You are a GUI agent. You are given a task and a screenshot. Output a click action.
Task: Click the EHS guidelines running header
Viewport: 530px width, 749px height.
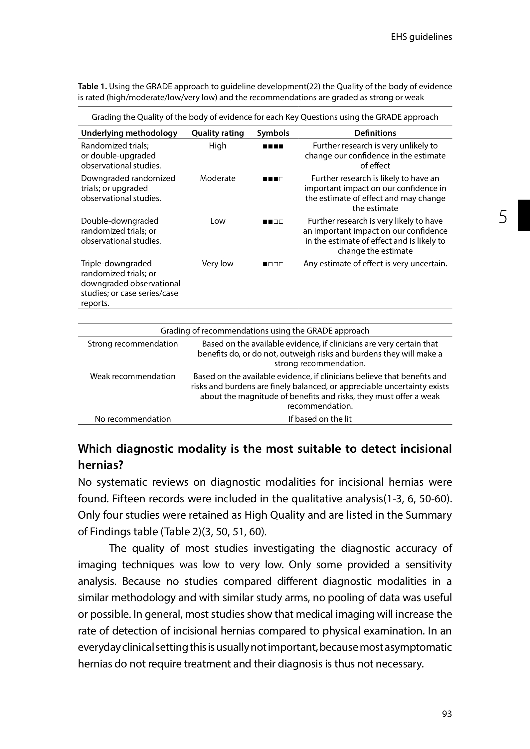coord(421,37)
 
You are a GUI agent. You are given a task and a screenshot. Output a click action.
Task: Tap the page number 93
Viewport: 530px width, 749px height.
coord(447,714)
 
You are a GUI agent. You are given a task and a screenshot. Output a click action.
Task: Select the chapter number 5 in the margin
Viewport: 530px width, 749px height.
coord(503,217)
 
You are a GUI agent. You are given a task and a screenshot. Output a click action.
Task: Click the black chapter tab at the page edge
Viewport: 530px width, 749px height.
coord(523,215)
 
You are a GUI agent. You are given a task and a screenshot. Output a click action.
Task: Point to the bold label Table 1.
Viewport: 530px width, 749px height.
coord(92,87)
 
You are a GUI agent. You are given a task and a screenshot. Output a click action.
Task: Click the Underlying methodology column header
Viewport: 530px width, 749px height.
coord(129,133)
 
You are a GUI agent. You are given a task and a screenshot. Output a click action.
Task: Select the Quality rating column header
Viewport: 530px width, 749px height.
coord(218,133)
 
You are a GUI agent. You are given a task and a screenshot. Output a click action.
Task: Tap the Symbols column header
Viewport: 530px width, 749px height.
coord(273,133)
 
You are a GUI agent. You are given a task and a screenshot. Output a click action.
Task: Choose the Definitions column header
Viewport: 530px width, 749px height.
coord(375,133)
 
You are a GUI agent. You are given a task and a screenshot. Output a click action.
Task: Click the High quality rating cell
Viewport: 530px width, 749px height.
coord(218,146)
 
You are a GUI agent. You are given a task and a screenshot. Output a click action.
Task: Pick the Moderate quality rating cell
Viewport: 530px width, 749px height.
coord(218,178)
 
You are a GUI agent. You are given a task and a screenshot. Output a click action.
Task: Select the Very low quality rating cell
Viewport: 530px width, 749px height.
coord(218,264)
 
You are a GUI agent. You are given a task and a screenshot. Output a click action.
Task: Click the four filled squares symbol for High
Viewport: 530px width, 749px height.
coord(273,146)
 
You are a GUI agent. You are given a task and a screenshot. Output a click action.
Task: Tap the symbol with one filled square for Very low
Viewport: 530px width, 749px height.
coord(273,264)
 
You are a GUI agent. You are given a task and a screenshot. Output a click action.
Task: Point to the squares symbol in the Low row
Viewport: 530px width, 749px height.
coord(273,222)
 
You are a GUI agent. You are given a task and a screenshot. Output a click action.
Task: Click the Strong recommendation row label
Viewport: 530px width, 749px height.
coord(133,344)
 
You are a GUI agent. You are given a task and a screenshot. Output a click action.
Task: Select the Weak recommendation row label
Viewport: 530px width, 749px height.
coord(133,376)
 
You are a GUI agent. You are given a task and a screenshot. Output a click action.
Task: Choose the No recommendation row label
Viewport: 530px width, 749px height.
coord(133,419)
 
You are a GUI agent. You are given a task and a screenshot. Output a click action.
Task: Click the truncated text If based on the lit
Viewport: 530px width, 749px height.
coord(320,419)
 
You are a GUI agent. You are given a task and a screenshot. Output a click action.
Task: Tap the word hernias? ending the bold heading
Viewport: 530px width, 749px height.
coord(100,465)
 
